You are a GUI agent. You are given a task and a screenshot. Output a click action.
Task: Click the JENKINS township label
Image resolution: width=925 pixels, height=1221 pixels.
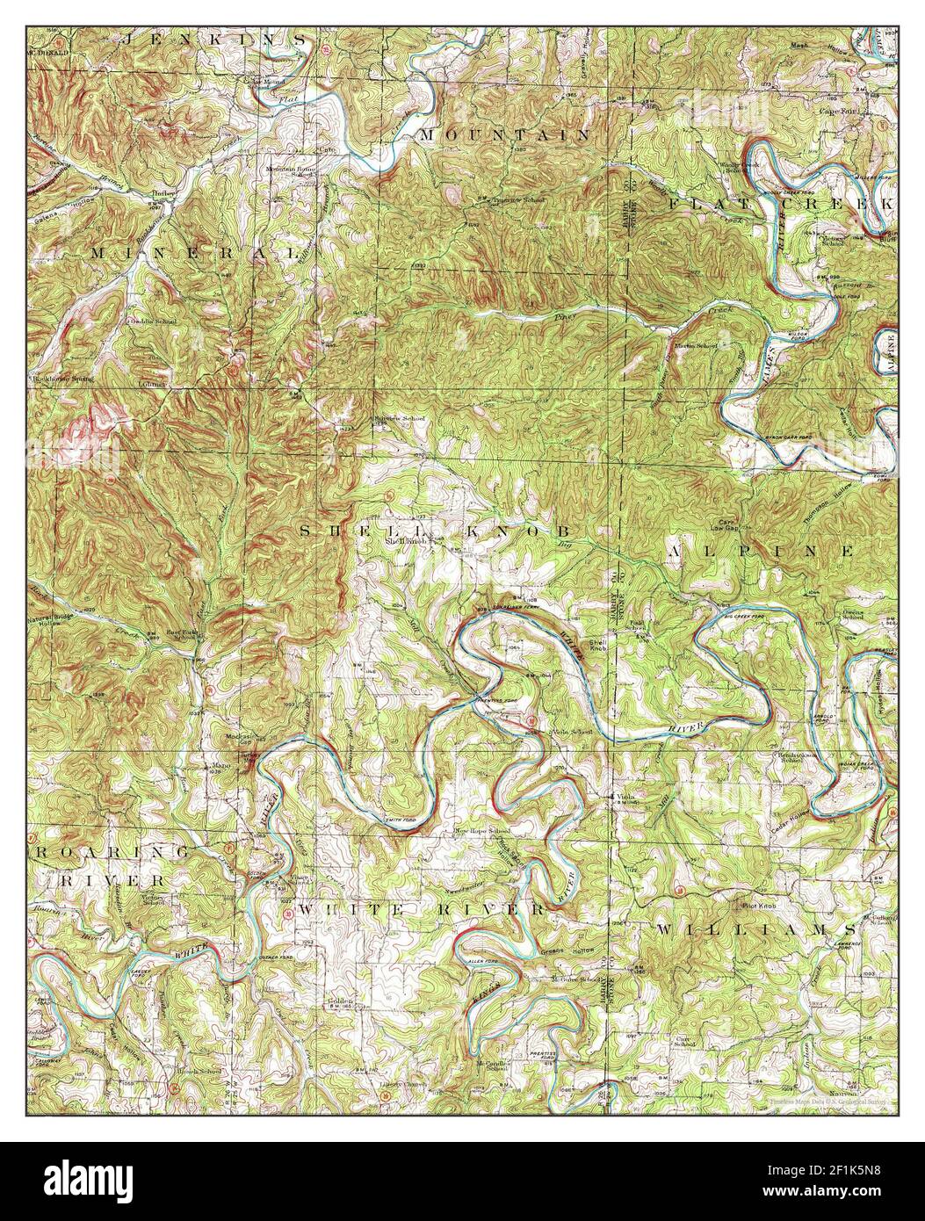(216, 39)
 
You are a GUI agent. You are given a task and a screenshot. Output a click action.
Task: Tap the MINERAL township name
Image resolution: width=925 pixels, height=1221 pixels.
(192, 252)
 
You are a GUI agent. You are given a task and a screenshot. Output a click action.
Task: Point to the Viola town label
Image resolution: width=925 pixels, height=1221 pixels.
(624, 796)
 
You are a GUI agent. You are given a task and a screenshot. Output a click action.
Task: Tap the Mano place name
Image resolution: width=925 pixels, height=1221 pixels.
(220, 765)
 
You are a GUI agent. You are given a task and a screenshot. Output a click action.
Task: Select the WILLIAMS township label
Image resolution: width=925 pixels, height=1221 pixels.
(755, 928)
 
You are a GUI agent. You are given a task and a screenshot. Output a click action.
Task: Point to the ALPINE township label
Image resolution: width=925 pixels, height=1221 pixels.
(761, 551)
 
